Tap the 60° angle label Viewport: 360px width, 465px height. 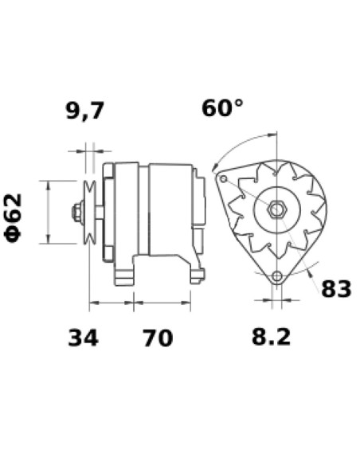pyautogui.click(x=221, y=108)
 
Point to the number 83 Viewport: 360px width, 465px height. pyautogui.click(x=335, y=289)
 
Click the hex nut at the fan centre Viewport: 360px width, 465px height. pyautogui.click(x=278, y=211)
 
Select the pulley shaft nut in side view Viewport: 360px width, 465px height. pyautogui.click(x=76, y=213)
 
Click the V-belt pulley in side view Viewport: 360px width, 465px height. pyautogui.click(x=89, y=213)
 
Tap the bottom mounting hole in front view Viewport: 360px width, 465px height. pyautogui.click(x=276, y=277)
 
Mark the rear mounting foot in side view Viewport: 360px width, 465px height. pyautogui.click(x=195, y=271)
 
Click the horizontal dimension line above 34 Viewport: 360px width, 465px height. pyautogui.click(x=112, y=303)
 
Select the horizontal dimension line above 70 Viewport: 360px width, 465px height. pyautogui.click(x=162, y=303)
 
